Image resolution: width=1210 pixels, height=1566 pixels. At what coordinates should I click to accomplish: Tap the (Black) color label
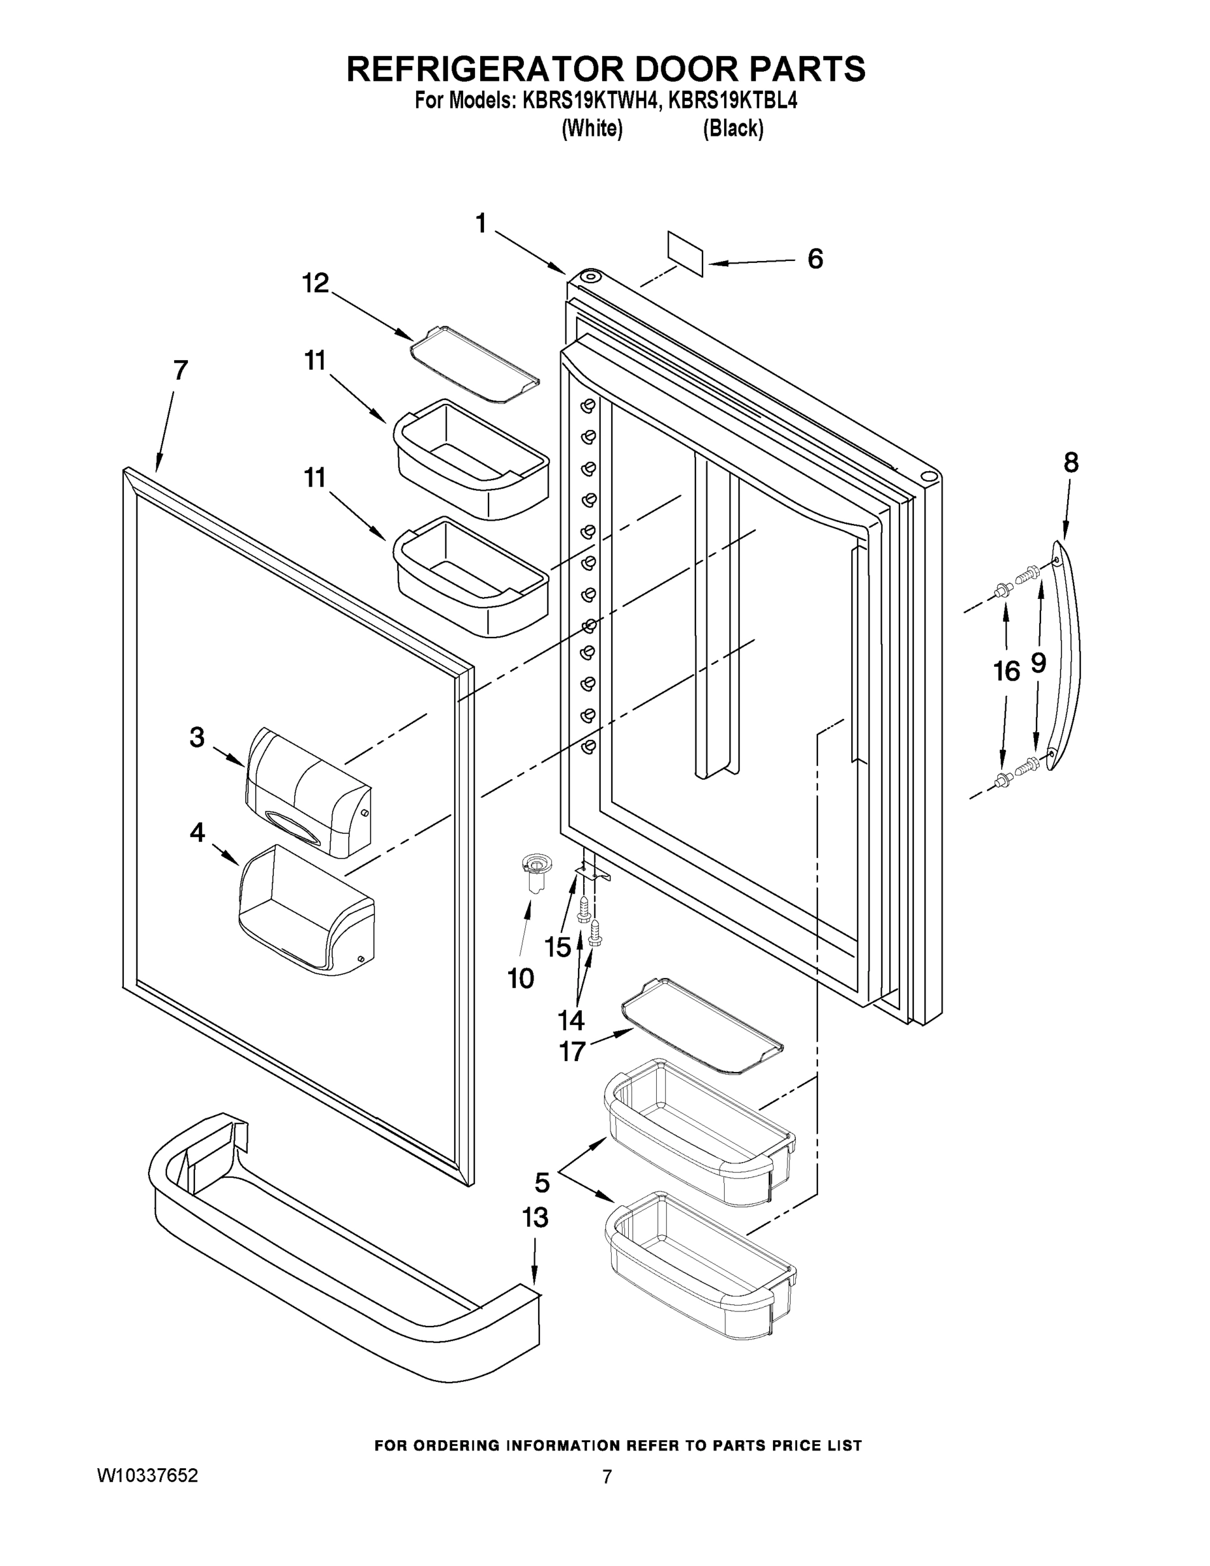coord(733,129)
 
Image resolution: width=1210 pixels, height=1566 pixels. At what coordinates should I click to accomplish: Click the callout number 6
coord(815,259)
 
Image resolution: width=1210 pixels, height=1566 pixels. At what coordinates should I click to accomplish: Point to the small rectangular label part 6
coord(686,253)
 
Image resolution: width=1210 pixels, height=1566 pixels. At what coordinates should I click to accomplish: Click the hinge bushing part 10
coord(534,871)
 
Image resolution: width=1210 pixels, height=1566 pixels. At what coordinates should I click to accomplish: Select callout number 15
coord(557,947)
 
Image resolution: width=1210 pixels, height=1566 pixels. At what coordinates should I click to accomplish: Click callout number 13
coord(535,1217)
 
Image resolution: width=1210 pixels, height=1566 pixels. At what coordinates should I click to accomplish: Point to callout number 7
coord(181,370)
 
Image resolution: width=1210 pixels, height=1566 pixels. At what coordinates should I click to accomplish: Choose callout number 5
coord(542,1182)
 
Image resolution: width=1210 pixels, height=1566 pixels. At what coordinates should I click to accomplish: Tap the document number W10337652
coord(147,1475)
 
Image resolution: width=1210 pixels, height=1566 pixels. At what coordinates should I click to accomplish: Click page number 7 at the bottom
coord(607,1477)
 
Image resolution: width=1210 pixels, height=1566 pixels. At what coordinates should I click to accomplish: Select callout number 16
coord(1006,671)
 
